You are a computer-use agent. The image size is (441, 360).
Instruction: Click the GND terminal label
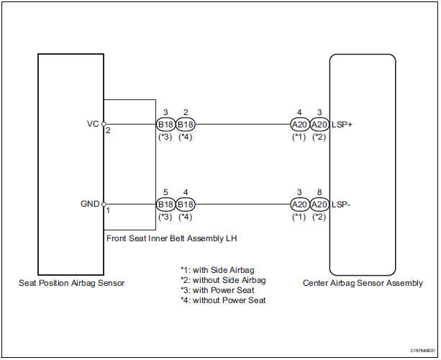(91, 204)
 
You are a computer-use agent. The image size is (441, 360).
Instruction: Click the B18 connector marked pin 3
(165, 124)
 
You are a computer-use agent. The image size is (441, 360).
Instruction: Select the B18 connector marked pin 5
(165, 204)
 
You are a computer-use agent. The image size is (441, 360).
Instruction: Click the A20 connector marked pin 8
(319, 204)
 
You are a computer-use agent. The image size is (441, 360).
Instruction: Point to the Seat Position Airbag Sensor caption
(71, 283)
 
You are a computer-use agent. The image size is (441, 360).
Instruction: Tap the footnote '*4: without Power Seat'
(224, 300)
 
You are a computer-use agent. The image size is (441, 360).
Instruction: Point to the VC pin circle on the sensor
(104, 124)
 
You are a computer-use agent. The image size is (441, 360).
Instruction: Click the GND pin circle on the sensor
(104, 204)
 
